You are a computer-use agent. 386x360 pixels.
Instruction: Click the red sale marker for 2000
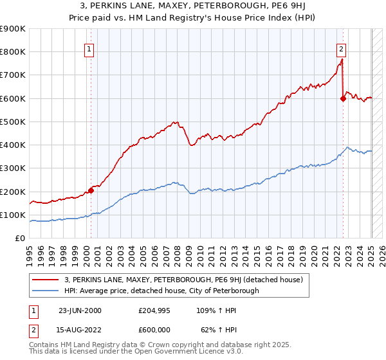point(91,190)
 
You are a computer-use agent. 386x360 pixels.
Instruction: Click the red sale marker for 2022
point(342,98)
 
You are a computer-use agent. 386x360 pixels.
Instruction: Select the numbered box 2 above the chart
point(341,48)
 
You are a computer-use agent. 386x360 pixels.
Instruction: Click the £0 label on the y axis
point(20,239)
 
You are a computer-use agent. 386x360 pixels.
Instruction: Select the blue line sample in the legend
point(46,291)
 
